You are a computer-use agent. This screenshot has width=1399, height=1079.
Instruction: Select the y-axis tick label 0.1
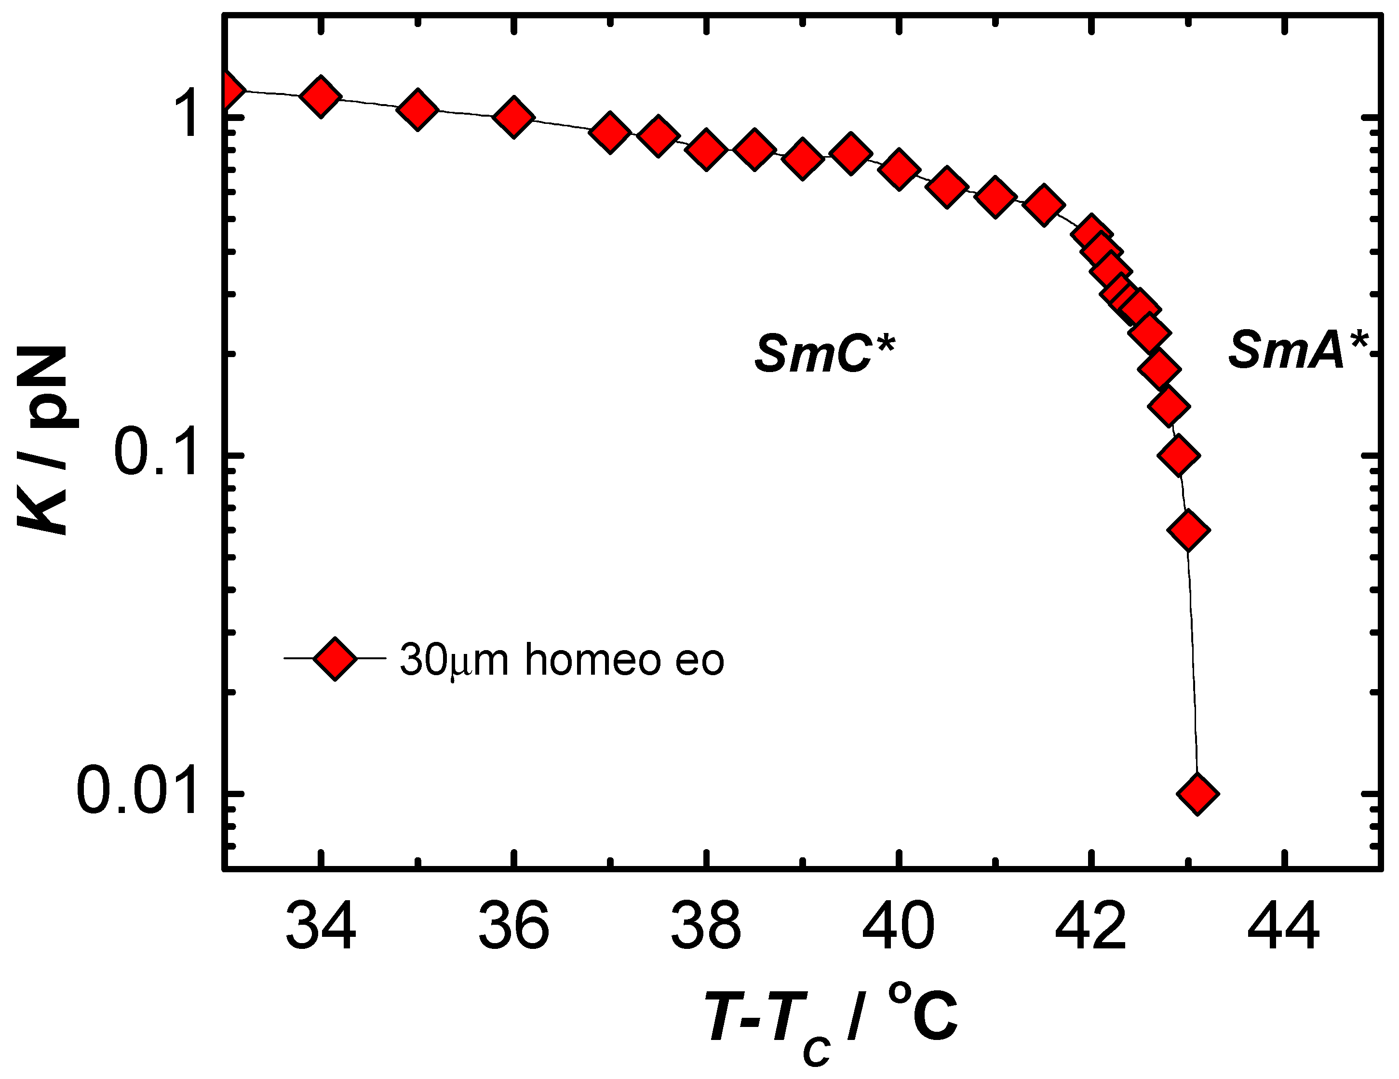coord(156,454)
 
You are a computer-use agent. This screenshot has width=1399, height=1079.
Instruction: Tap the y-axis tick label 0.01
coord(136,793)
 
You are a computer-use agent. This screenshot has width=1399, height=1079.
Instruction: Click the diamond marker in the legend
coord(335,658)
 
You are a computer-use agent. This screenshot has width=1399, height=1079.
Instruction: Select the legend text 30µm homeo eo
coord(561,660)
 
